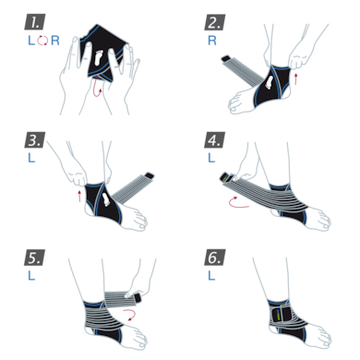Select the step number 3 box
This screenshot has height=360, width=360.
click(x=35, y=139)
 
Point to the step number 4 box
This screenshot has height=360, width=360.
click(x=214, y=139)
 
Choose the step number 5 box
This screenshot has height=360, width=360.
click(x=35, y=256)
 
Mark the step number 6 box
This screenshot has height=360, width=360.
click(x=214, y=256)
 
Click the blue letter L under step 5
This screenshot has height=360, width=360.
click(x=30, y=275)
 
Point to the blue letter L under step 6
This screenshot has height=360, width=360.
click(x=210, y=275)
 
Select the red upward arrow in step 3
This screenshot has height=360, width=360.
click(x=78, y=197)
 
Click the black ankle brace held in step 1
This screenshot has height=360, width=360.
click(x=97, y=57)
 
